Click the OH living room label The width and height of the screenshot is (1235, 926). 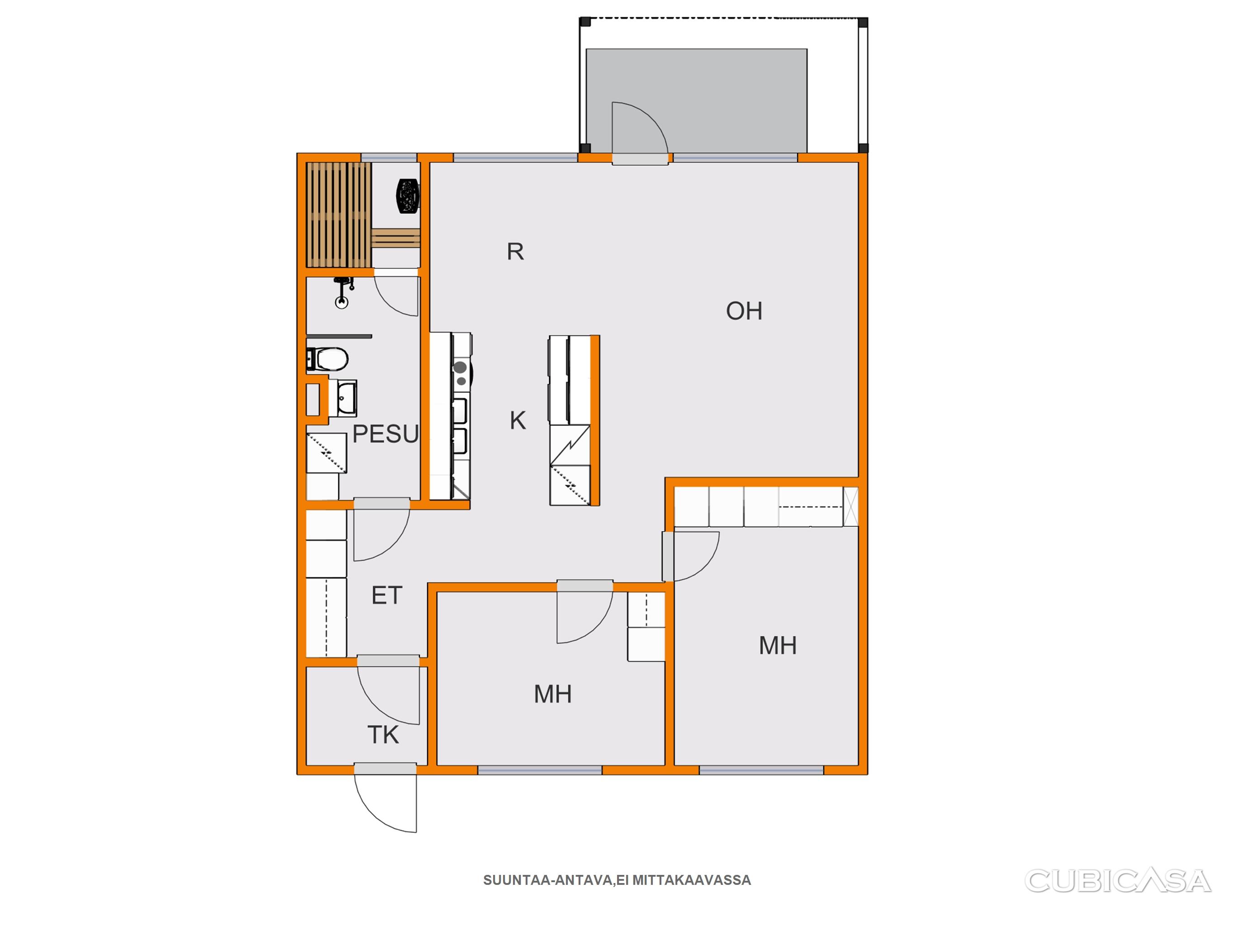click(744, 311)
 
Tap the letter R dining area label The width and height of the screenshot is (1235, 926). click(515, 252)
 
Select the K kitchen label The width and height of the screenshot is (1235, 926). click(518, 420)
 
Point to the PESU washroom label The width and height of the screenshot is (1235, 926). click(385, 434)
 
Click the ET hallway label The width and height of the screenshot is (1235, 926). click(387, 595)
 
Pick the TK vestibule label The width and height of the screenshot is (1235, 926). click(383, 735)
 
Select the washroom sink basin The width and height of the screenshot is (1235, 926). click(342, 398)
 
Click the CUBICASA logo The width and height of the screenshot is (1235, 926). click(1118, 881)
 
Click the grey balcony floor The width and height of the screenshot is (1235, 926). click(696, 100)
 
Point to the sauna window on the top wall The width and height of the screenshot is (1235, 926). click(389, 157)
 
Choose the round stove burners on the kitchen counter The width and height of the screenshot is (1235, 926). click(461, 373)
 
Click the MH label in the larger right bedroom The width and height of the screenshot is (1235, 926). click(778, 645)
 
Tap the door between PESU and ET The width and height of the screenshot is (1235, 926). click(382, 529)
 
